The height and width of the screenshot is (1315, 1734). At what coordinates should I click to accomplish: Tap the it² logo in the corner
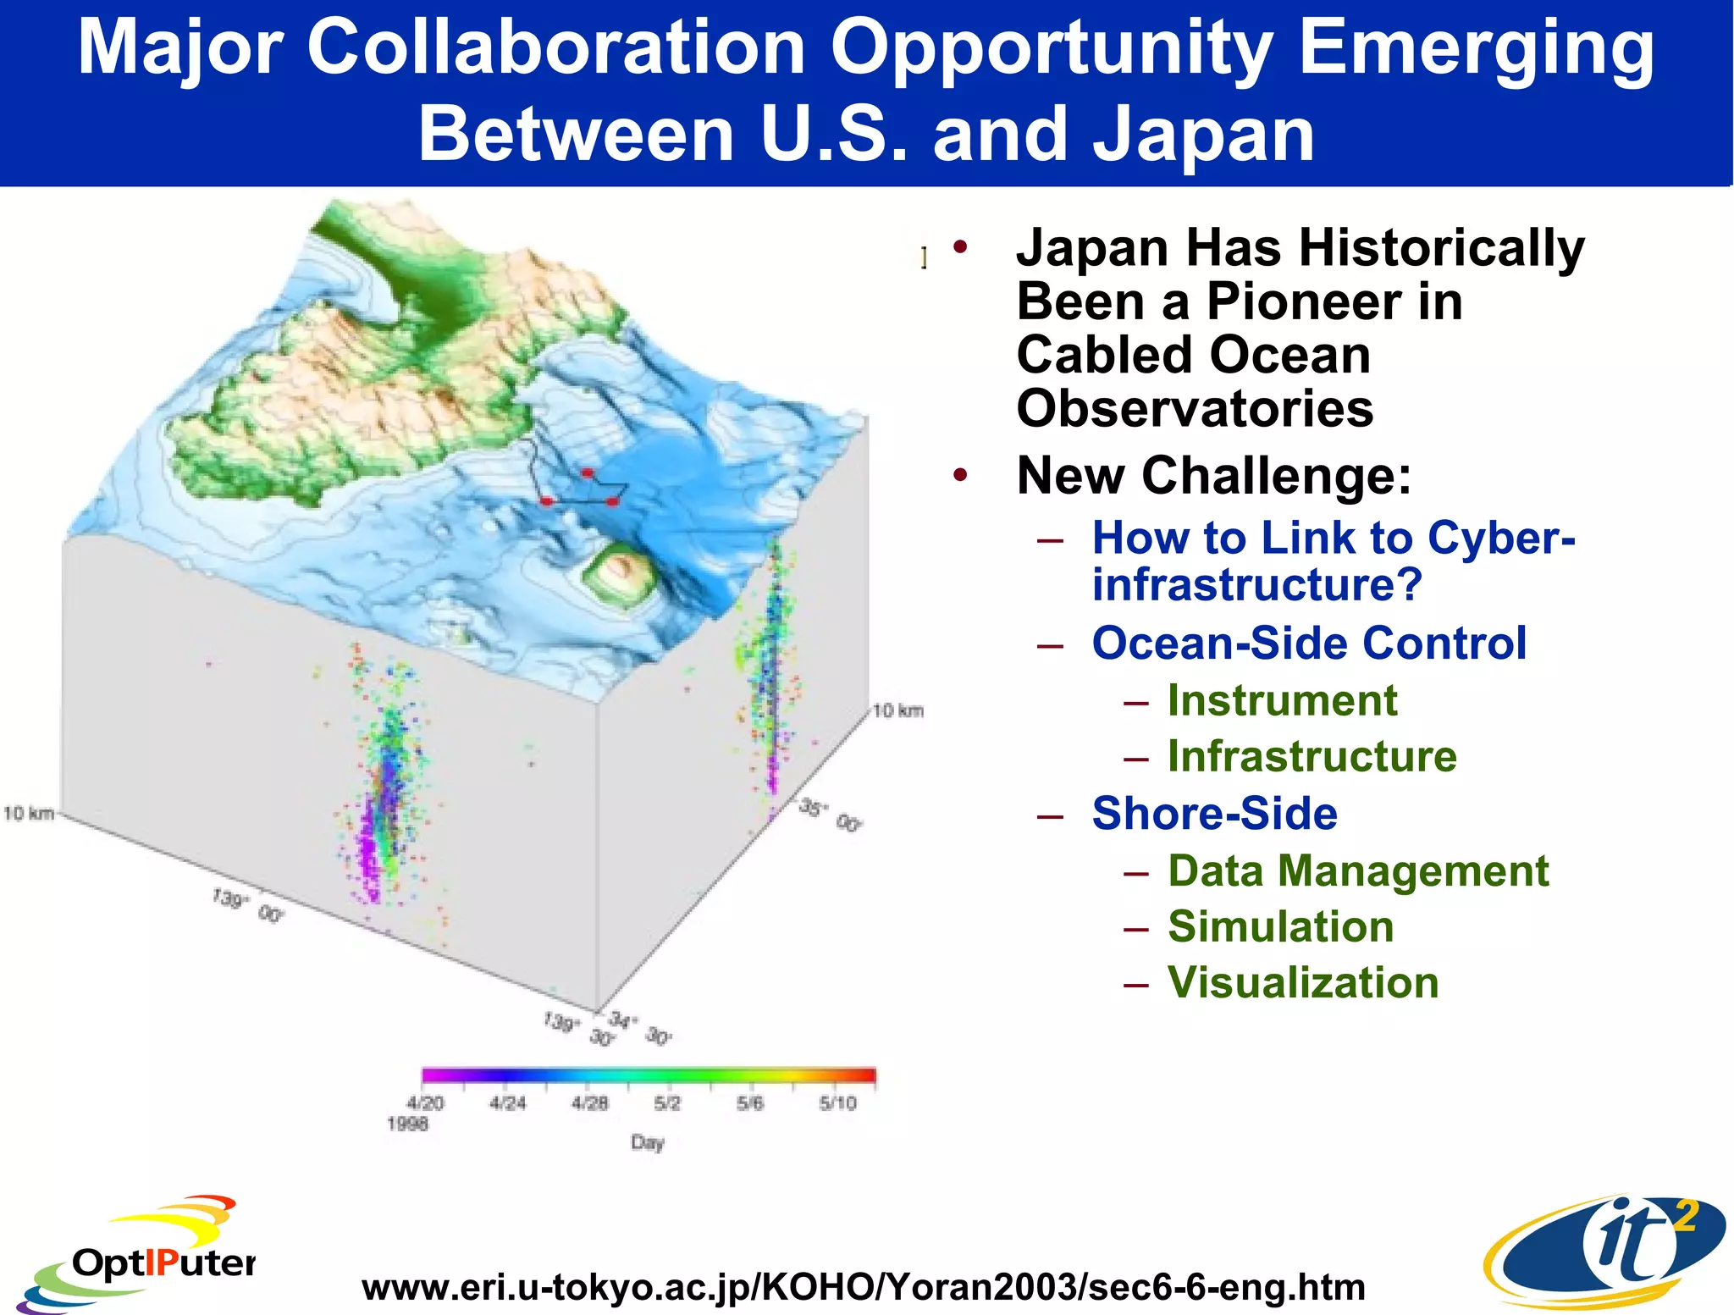pyautogui.click(x=1604, y=1251)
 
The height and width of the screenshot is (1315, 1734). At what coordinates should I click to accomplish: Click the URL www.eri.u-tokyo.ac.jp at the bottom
pyautogui.click(x=863, y=1287)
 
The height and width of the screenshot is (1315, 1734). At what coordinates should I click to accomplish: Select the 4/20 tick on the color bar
pyautogui.click(x=425, y=1102)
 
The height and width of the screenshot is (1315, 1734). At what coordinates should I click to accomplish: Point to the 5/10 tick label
pyautogui.click(x=837, y=1102)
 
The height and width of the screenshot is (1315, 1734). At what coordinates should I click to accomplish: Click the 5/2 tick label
pyautogui.click(x=666, y=1102)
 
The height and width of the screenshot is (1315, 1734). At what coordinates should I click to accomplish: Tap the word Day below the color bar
pyautogui.click(x=647, y=1142)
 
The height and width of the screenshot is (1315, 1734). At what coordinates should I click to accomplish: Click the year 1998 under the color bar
pyautogui.click(x=407, y=1124)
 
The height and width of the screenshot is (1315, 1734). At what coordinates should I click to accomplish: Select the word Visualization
pyautogui.click(x=1303, y=982)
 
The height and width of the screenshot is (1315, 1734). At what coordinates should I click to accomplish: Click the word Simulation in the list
pyautogui.click(x=1280, y=926)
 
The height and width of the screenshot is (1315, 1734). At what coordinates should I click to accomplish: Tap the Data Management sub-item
pyautogui.click(x=1358, y=870)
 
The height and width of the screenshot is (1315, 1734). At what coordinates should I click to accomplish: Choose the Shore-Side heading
pyautogui.click(x=1214, y=813)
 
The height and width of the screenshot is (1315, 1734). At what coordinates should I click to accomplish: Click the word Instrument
pyautogui.click(x=1282, y=700)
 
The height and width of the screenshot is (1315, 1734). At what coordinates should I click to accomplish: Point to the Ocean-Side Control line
pyautogui.click(x=1309, y=643)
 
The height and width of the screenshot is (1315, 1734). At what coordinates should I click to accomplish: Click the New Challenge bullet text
pyautogui.click(x=1214, y=475)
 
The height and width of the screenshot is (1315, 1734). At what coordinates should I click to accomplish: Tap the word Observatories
pyautogui.click(x=1195, y=408)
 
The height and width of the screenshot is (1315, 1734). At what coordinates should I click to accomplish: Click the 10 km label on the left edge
pyautogui.click(x=29, y=814)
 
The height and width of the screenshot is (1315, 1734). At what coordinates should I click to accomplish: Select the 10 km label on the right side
pyautogui.click(x=897, y=710)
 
